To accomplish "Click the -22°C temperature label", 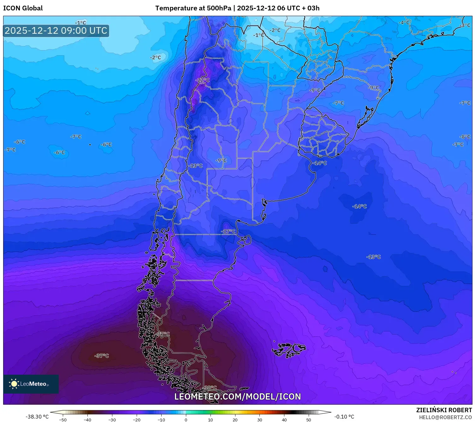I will (x=202, y=80).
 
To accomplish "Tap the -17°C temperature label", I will (x=228, y=232).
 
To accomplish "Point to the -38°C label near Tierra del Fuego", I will (x=210, y=388).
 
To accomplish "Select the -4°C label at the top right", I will (x=404, y=23).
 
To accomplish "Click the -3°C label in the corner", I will (x=465, y=26).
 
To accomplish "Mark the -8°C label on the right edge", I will (x=465, y=137).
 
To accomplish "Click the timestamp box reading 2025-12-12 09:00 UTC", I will (x=56, y=31).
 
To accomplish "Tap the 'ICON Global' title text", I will (x=23, y=8).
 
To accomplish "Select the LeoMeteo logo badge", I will (x=31, y=384).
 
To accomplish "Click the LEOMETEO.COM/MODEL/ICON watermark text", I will (x=238, y=397).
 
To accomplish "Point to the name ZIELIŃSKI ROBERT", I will (x=444, y=410).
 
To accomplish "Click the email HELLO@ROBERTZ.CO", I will (x=445, y=417).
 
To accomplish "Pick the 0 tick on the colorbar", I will (x=186, y=419).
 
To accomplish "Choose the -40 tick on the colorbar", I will (x=87, y=419).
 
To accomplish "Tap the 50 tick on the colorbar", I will (x=309, y=419).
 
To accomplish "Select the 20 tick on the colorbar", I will (x=235, y=419).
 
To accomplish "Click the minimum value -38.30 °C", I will (x=37, y=417).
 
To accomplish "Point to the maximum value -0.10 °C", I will (x=344, y=417).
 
